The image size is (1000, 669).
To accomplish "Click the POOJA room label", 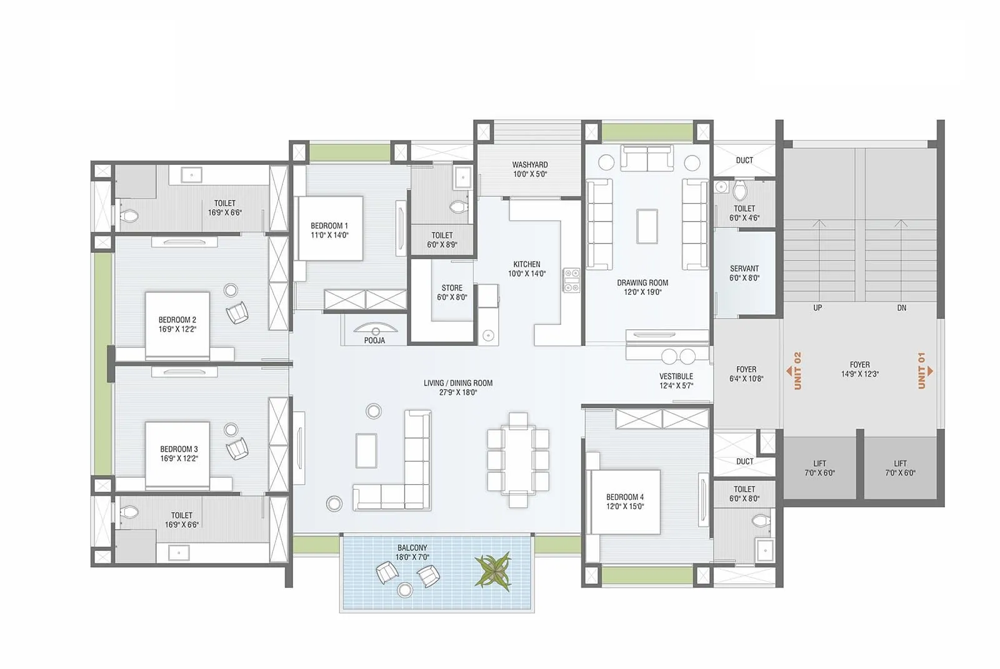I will pyautogui.click(x=374, y=340).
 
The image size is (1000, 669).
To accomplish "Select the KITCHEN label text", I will pyautogui.click(x=527, y=265).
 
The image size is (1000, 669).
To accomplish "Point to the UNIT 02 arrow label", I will pyautogui.click(x=796, y=370).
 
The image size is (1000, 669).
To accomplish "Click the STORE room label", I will pyautogui.click(x=452, y=289).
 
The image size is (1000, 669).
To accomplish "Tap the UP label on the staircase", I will pyautogui.click(x=817, y=308).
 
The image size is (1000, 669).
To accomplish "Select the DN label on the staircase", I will pyautogui.click(x=901, y=308).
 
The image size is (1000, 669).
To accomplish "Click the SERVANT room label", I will pyautogui.click(x=744, y=269).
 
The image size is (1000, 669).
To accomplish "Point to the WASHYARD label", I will pyautogui.click(x=530, y=165).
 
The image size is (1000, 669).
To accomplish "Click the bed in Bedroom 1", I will pyautogui.click(x=330, y=229).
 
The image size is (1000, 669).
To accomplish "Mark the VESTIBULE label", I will pyautogui.click(x=676, y=377).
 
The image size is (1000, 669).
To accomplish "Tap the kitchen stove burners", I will pyautogui.click(x=571, y=280).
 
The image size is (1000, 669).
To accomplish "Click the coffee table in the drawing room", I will pyautogui.click(x=647, y=225).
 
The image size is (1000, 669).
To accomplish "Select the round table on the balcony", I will pyautogui.click(x=405, y=590).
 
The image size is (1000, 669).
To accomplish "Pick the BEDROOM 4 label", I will pyautogui.click(x=624, y=497).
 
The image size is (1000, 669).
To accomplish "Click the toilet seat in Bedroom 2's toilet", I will pyautogui.click(x=130, y=216).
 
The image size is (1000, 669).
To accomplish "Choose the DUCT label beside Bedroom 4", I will pyautogui.click(x=744, y=462).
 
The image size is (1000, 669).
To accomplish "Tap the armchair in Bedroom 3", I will pyautogui.click(x=237, y=448).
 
